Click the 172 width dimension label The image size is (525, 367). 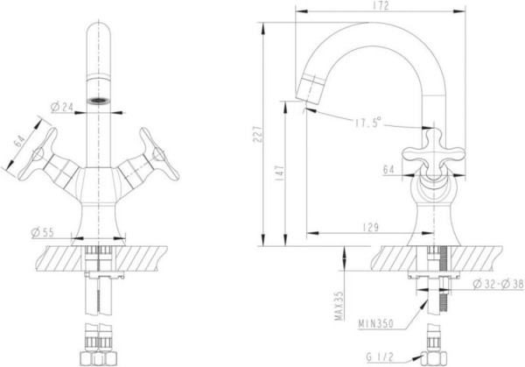coord(380,6)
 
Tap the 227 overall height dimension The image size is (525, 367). coord(257,134)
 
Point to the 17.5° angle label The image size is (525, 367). coord(368,123)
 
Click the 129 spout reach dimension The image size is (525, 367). coord(370,228)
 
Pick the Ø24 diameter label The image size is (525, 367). coord(61,107)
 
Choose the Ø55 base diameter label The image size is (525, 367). coord(43,232)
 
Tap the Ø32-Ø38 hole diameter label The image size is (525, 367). coord(498,284)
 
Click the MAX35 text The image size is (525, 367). coord(339,306)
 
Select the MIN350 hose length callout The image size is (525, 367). coord(375,324)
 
